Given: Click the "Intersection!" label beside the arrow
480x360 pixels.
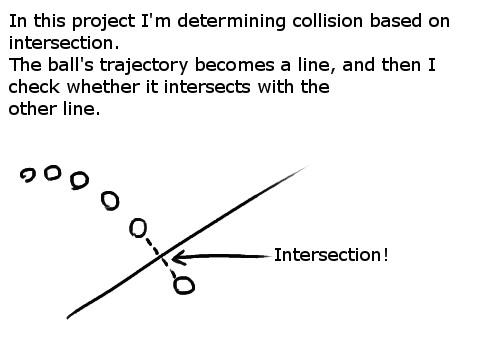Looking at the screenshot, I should [330, 255].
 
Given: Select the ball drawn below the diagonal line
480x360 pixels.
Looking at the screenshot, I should [183, 286].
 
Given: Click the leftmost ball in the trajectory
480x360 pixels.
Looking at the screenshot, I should [28, 176].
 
